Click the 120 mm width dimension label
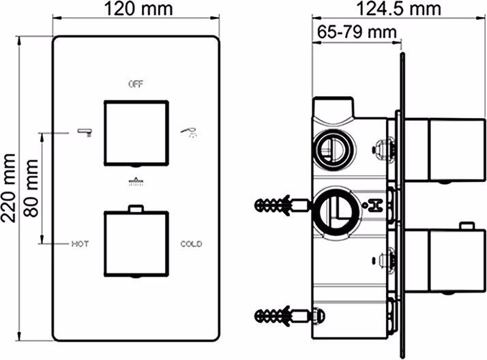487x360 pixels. pyautogui.click(x=138, y=9)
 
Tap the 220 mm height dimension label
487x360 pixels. pyautogui.click(x=8, y=188)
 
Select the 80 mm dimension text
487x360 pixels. pyautogui.click(x=31, y=188)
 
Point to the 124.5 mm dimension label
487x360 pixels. pyautogui.click(x=399, y=9)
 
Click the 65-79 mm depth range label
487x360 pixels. pyautogui.click(x=357, y=31)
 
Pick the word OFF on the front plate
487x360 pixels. pyautogui.click(x=136, y=84)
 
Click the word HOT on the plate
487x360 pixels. pyautogui.click(x=80, y=244)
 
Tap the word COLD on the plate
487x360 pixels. pyautogui.click(x=191, y=244)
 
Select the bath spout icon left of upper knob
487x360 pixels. pyautogui.click(x=84, y=132)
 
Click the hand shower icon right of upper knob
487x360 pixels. pyautogui.click(x=188, y=132)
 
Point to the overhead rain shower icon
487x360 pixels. pyautogui.click(x=136, y=181)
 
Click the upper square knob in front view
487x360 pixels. pyautogui.click(x=136, y=132)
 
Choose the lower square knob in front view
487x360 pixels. pyautogui.click(x=136, y=243)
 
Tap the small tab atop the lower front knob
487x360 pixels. pyautogui.click(x=136, y=208)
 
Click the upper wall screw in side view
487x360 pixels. pyautogui.click(x=281, y=205)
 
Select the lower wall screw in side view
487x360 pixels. pyautogui.click(x=281, y=316)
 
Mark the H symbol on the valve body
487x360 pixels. pyautogui.click(x=375, y=205)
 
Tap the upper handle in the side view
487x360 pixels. pyautogui.click(x=444, y=150)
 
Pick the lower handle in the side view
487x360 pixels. pyautogui.click(x=444, y=260)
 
